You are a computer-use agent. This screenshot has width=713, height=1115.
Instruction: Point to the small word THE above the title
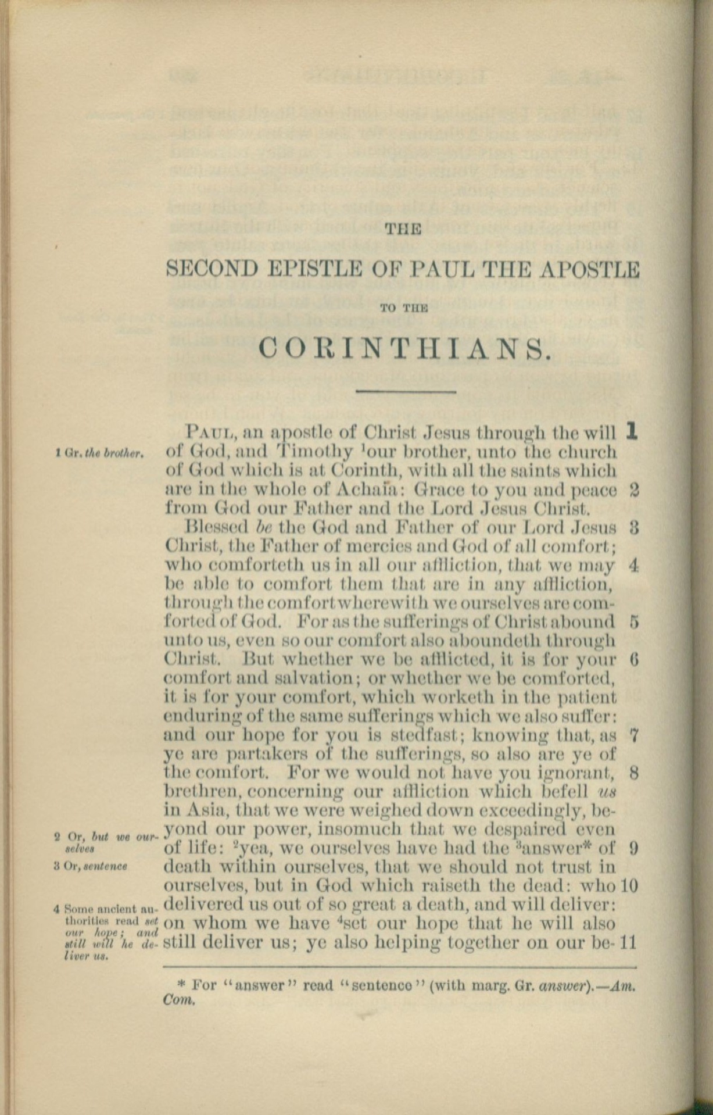coord(403,228)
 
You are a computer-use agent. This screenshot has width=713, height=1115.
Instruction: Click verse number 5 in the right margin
coord(634,622)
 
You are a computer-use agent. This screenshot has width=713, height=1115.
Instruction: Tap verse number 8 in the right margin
coord(634,774)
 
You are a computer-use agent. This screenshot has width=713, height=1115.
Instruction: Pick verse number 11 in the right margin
coord(630,941)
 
